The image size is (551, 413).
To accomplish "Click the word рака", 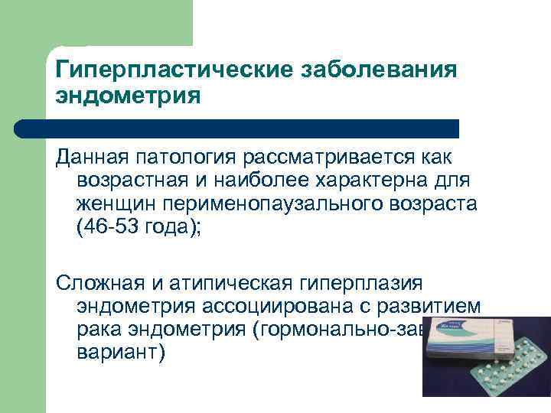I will click(99, 330).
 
